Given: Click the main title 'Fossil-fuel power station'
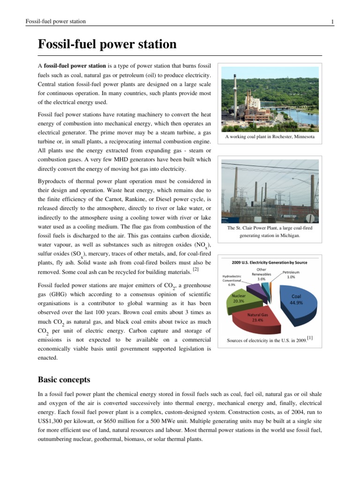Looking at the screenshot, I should coord(107,45).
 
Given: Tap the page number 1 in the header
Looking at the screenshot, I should coord(332,22).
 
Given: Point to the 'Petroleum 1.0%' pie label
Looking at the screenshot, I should coord(291,275).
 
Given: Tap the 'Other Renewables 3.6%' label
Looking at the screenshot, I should coord(262,274).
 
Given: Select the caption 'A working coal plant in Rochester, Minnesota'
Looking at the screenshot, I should coord(270,137).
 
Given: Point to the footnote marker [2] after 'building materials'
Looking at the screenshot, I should coord(196,270).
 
